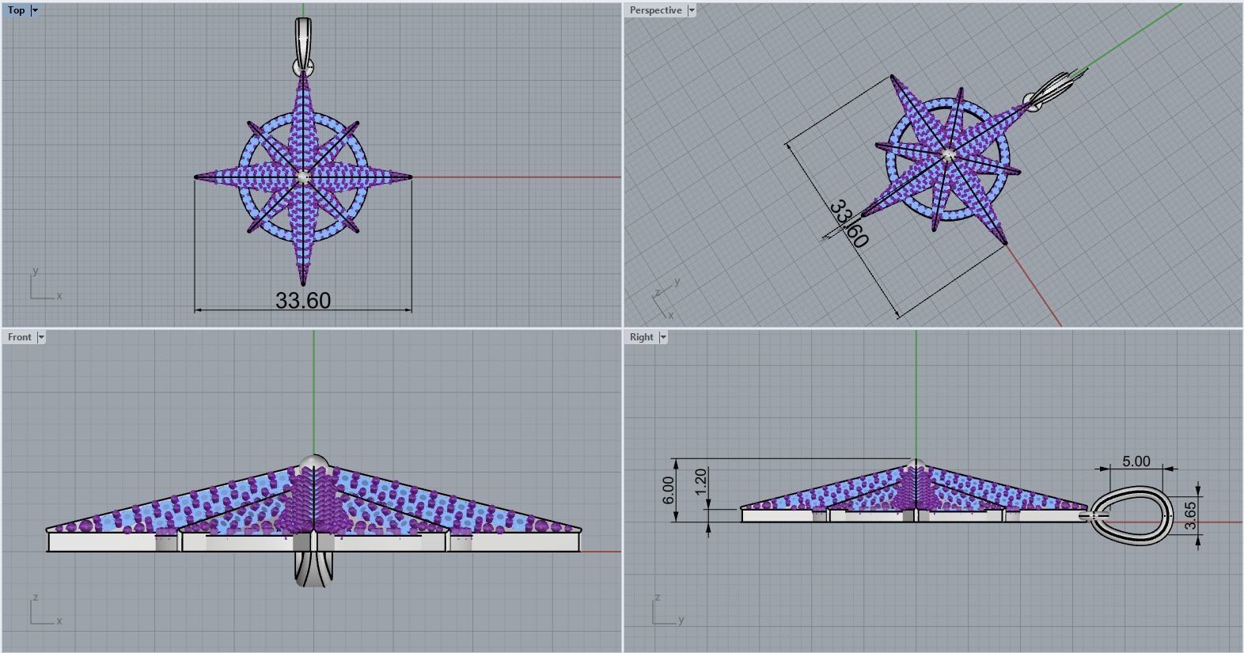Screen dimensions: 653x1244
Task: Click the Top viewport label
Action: pyautogui.click(x=16, y=10)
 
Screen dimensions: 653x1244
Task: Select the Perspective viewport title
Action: pyautogui.click(x=654, y=10)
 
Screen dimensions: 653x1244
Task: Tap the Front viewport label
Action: pyautogui.click(x=19, y=337)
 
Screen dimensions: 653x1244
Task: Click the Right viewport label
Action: pyautogui.click(x=641, y=337)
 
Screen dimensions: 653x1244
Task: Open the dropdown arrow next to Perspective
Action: pyautogui.click(x=692, y=10)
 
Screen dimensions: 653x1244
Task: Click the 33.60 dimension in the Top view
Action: pyautogui.click(x=303, y=301)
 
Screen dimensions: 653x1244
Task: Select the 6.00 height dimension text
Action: pyautogui.click(x=669, y=490)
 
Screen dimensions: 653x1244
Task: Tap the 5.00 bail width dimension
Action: pyautogui.click(x=1136, y=461)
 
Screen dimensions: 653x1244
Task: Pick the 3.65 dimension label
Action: pyautogui.click(x=1191, y=515)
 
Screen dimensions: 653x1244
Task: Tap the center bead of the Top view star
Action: pyautogui.click(x=304, y=177)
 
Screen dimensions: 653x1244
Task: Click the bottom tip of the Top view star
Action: pyautogui.click(x=303, y=283)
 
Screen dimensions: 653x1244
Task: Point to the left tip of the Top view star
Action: pyautogui.click(x=198, y=177)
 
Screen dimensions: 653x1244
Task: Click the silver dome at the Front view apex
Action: pyautogui.click(x=314, y=463)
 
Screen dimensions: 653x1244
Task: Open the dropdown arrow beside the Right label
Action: pyautogui.click(x=663, y=337)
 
